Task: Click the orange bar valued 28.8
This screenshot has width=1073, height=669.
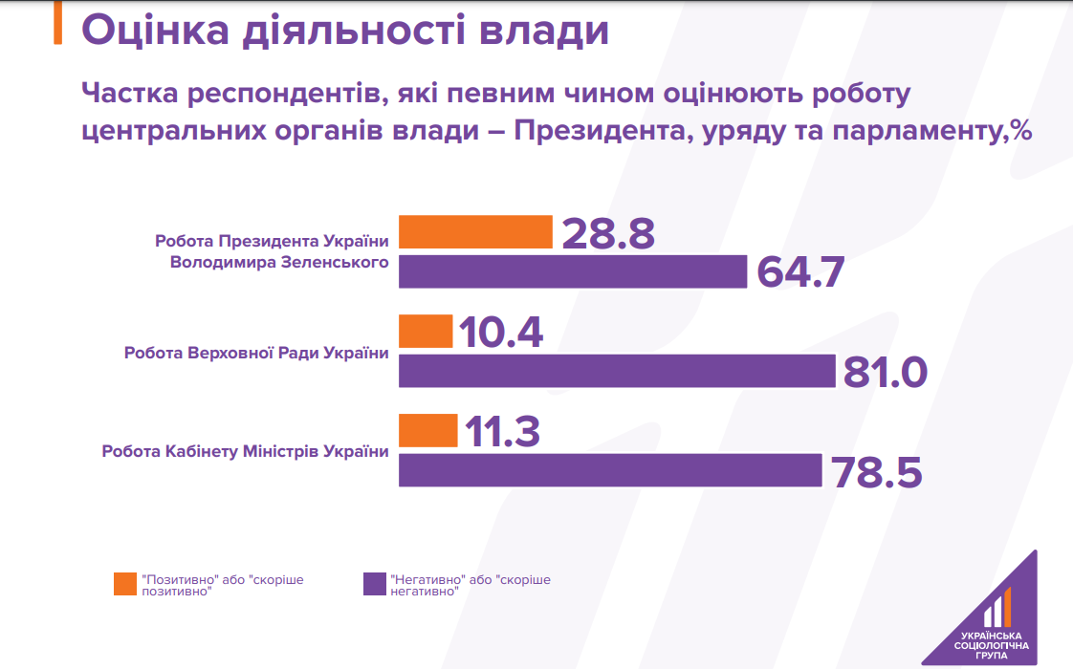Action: coord(475,232)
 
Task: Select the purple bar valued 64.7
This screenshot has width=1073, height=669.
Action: coord(572,271)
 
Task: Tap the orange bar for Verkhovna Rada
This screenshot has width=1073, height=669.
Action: coord(426,332)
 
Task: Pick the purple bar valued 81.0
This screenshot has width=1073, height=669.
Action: coord(617,371)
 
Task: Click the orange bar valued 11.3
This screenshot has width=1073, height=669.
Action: coord(427,431)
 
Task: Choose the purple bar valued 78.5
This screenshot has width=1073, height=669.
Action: coord(610,470)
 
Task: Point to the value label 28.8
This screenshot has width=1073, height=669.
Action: coord(608,233)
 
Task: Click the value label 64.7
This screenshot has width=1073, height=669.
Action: coord(801,272)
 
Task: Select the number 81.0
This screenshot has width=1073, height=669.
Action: coord(885,372)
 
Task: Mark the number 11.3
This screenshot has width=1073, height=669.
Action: coord(502,432)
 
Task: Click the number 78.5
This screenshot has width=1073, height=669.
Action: coord(876,471)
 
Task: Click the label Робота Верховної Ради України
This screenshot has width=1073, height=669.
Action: coord(256,354)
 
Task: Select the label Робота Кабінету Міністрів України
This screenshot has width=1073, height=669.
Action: coord(246,452)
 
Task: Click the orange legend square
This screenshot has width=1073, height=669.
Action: coord(124,584)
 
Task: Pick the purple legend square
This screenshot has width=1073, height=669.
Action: coord(375,584)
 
